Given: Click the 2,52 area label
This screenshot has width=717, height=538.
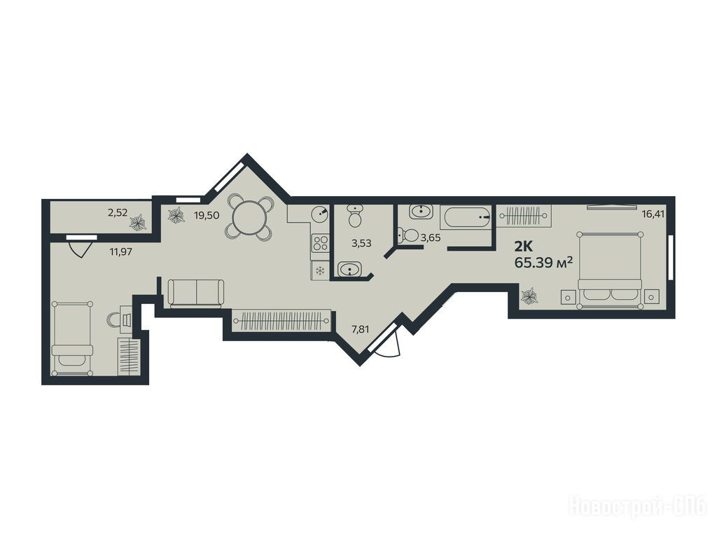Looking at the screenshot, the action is (118, 213).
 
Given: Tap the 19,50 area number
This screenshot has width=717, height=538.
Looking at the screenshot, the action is (206, 216).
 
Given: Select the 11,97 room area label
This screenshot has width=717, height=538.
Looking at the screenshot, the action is (121, 251).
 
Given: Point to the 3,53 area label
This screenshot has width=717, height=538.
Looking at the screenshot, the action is (361, 243).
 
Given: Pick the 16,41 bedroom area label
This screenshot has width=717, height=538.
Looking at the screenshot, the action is (653, 213).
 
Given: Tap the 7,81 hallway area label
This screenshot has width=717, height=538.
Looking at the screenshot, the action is (359, 328).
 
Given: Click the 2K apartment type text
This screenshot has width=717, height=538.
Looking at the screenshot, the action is (523, 247).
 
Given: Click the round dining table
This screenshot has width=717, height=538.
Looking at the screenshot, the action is (250, 218).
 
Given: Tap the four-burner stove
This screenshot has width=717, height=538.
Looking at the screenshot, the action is (320, 242).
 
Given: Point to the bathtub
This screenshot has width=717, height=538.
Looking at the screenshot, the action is (466, 217).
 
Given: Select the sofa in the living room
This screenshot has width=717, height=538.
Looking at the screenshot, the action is (196, 293).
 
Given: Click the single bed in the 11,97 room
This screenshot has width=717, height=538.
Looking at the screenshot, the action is (72, 338).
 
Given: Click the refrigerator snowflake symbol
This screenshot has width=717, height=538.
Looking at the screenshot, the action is (320, 271).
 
